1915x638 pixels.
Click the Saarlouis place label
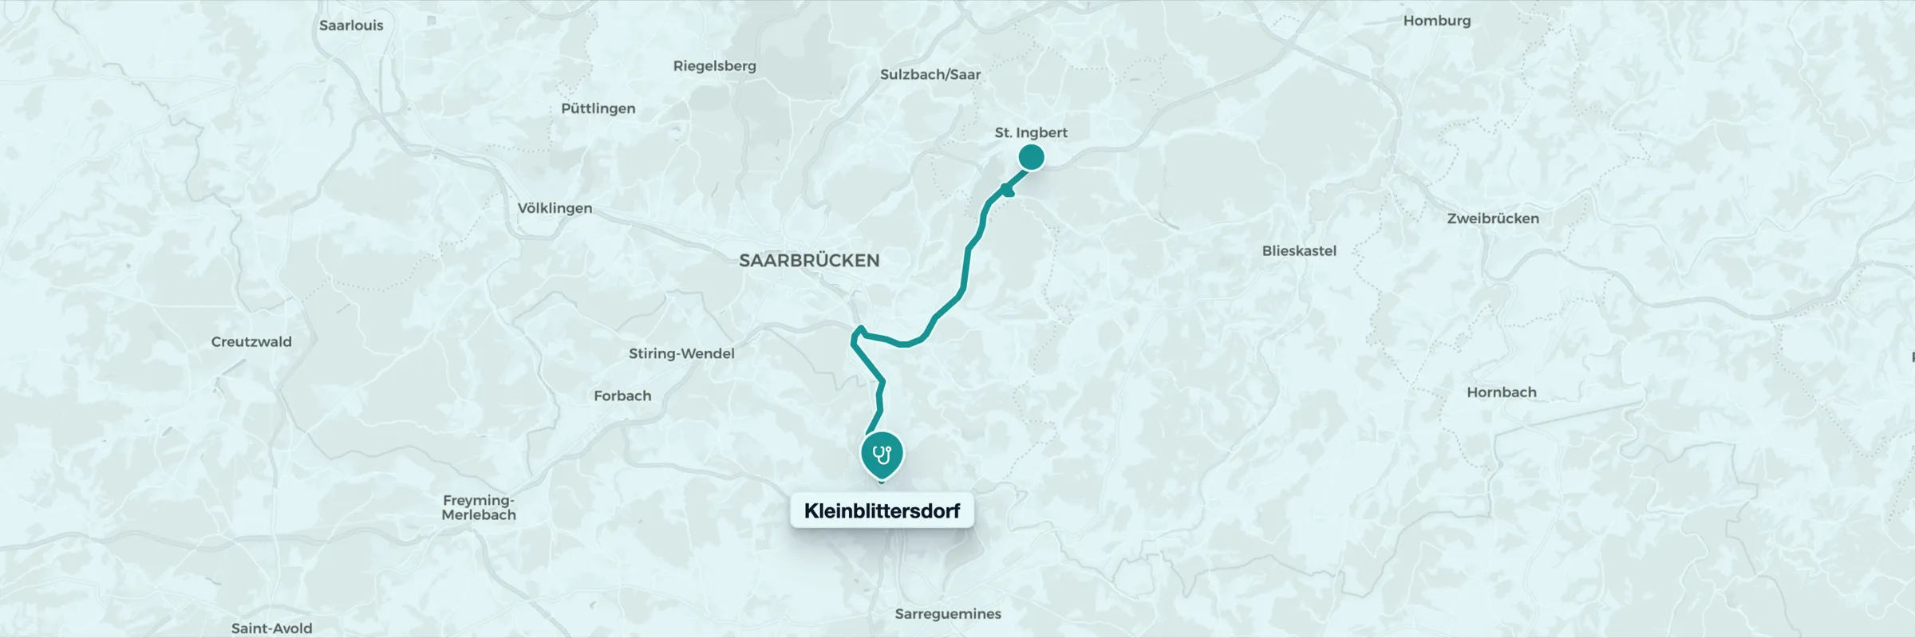click(x=351, y=26)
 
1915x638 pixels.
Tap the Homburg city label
click(x=1436, y=21)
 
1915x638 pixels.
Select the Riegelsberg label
click(x=714, y=66)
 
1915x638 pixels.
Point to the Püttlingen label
click(x=598, y=108)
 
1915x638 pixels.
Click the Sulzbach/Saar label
click(x=930, y=74)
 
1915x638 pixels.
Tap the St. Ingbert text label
click(x=1030, y=132)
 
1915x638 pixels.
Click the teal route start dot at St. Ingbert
click(x=1031, y=158)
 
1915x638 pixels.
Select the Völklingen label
click(x=555, y=208)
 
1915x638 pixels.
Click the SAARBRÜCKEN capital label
click(x=809, y=260)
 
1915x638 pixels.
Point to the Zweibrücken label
click(x=1492, y=219)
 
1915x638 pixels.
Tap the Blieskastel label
click(x=1298, y=250)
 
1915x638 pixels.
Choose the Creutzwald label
click(x=251, y=341)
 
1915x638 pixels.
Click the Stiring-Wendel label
click(x=681, y=353)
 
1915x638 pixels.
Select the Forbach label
click(x=622, y=396)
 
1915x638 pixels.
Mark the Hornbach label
click(x=1501, y=392)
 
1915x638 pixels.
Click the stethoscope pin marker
click(x=881, y=455)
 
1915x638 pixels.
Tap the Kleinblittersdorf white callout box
click(x=882, y=510)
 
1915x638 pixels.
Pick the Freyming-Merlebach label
click(x=479, y=507)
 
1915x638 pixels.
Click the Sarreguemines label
click(x=947, y=614)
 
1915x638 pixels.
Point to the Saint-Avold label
click(x=271, y=628)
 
